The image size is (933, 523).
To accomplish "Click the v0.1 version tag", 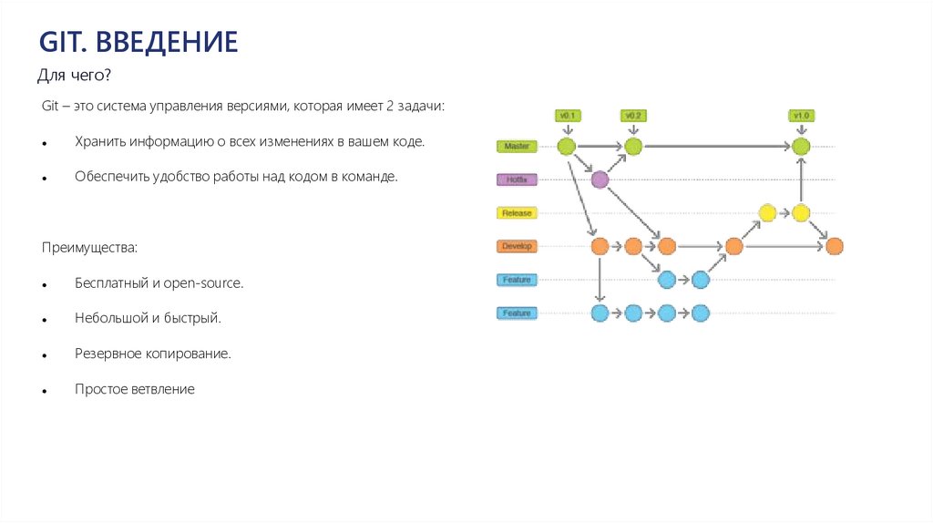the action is coord(565,116).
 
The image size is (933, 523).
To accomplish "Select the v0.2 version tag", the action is coord(633,116).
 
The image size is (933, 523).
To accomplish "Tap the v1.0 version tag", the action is coord(801,116).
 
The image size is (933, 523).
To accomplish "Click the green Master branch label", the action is coord(517,146).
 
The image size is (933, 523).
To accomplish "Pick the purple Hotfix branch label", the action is coord(517,179).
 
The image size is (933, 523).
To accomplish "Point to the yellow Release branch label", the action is coord(517,213).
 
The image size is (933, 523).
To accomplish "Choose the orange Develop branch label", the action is coord(517,246).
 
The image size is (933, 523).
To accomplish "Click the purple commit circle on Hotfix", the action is coord(600,179).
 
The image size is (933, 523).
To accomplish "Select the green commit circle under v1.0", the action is coord(801,146).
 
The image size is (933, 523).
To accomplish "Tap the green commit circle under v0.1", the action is coord(566,146).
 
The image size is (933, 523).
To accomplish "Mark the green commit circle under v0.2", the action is coord(633,146).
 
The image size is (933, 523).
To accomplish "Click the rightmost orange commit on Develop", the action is coord(835,246).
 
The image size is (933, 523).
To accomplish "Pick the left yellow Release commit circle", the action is coord(767,213).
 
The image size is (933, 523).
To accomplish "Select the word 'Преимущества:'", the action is coord(88,248).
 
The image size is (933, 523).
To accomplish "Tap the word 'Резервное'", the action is coord(107,354).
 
